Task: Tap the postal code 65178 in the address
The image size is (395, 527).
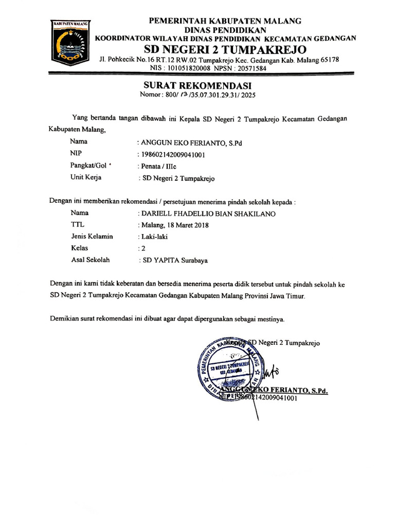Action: (x=329, y=60)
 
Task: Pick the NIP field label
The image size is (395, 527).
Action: (x=76, y=153)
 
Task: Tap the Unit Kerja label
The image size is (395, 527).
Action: (x=86, y=178)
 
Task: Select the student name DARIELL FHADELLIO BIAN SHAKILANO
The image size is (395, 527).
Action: (x=204, y=214)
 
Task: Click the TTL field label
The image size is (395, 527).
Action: (x=77, y=225)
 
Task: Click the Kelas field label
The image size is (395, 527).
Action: (x=80, y=248)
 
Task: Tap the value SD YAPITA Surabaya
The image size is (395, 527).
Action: (x=174, y=260)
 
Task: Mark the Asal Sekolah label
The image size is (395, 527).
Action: (x=91, y=260)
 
